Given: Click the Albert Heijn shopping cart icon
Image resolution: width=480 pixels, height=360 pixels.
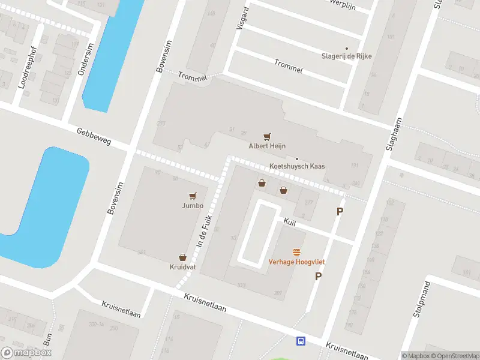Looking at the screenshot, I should click(x=267, y=137).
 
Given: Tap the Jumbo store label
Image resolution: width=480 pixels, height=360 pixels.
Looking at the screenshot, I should click(x=193, y=205).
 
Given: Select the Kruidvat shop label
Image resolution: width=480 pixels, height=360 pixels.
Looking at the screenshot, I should click(x=182, y=266).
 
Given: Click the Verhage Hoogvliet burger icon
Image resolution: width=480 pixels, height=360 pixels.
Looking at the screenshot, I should click(x=296, y=252).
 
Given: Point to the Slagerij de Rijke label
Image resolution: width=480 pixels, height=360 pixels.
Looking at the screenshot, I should click(x=347, y=56).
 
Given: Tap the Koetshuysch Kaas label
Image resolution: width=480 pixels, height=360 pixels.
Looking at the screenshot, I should click(x=297, y=167).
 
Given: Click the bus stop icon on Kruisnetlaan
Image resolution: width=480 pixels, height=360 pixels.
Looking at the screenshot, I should click(x=300, y=341).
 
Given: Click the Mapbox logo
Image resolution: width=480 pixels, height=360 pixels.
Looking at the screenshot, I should click(x=26, y=353).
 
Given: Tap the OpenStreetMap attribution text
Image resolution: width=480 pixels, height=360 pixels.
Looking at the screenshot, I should click(x=454, y=356).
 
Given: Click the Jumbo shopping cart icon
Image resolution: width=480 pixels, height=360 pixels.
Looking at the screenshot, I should click(x=193, y=196).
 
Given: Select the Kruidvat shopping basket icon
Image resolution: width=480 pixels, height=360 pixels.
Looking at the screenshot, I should click(x=182, y=257).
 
